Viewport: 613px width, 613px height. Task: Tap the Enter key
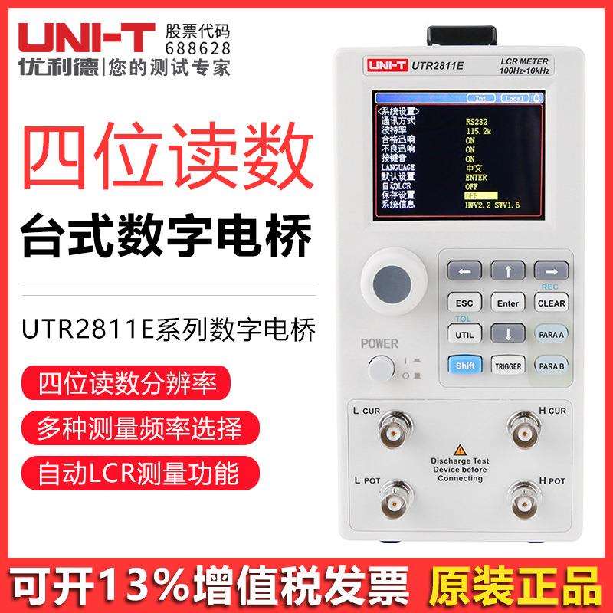tap(508, 303)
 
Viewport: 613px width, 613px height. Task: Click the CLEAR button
tap(551, 303)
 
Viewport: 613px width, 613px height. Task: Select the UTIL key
tap(464, 335)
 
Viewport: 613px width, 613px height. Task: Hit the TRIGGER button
tap(508, 366)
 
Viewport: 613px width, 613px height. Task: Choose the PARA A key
tap(551, 335)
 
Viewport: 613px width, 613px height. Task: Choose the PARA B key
tap(551, 366)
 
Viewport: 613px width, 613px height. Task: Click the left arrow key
tap(464, 270)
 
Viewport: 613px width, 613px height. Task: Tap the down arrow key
tap(508, 334)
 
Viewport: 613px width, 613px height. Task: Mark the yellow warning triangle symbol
tap(460, 450)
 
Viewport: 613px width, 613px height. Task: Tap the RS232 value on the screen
tap(477, 120)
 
